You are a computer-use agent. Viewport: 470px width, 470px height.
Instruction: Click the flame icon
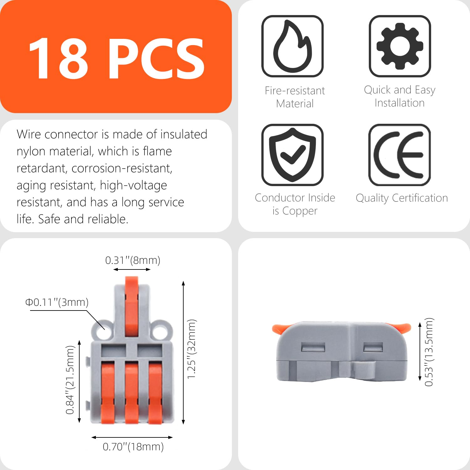click(x=292, y=46)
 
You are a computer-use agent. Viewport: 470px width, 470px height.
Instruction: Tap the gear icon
click(x=400, y=46)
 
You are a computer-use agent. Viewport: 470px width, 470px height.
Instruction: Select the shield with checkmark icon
click(x=292, y=155)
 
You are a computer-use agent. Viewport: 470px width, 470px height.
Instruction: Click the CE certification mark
click(x=400, y=155)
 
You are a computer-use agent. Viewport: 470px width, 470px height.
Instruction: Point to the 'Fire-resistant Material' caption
click(x=295, y=97)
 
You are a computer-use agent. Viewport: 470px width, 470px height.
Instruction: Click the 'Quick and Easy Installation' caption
click(x=399, y=96)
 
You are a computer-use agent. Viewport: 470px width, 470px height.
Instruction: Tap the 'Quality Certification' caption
click(x=402, y=198)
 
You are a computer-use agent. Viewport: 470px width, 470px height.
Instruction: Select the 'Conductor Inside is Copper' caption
click(x=295, y=204)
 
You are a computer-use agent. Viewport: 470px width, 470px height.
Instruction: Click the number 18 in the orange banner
click(x=58, y=59)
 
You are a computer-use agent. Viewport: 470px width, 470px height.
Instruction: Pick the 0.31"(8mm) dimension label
click(x=133, y=260)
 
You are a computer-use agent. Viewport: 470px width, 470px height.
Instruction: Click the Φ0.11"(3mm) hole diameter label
click(x=57, y=302)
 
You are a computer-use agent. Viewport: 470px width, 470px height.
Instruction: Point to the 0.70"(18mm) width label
click(x=133, y=446)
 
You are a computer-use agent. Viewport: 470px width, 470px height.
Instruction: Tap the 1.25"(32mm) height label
click(x=191, y=349)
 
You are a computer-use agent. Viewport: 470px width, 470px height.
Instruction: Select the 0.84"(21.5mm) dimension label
click(x=70, y=380)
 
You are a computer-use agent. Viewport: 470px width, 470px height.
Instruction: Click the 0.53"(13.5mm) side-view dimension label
click(x=429, y=352)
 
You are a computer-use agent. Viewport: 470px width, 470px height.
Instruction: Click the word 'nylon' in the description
click(x=31, y=151)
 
